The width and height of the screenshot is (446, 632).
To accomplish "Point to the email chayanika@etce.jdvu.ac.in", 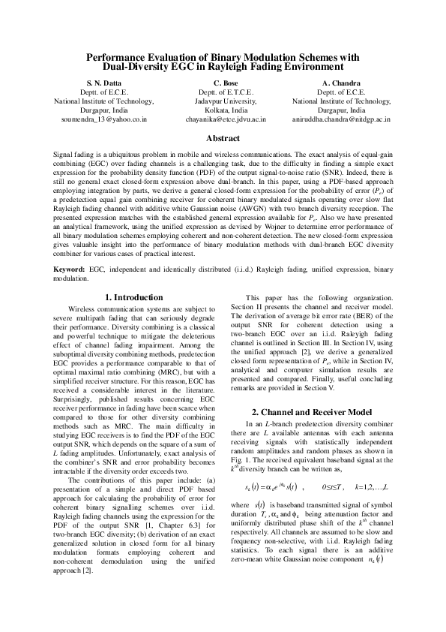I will click(225, 119).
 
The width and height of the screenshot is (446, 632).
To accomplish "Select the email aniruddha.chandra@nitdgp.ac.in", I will click(342, 119).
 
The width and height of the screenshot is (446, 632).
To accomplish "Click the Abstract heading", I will click(223, 139).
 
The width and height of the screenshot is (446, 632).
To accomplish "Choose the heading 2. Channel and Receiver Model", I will click(312, 412).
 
